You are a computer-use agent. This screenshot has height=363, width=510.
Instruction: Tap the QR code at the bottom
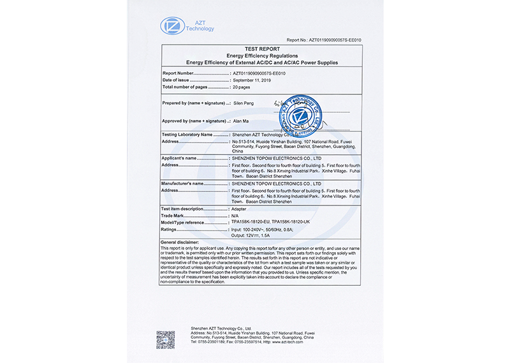click(x=166, y=339)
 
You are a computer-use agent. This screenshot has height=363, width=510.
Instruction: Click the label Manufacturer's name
click(x=183, y=183)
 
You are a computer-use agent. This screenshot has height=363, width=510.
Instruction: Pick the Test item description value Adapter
click(x=239, y=209)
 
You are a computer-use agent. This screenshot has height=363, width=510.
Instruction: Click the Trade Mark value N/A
click(x=235, y=216)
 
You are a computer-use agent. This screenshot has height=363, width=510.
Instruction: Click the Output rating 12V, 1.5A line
click(x=251, y=235)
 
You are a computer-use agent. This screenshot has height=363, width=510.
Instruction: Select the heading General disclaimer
click(x=180, y=243)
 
